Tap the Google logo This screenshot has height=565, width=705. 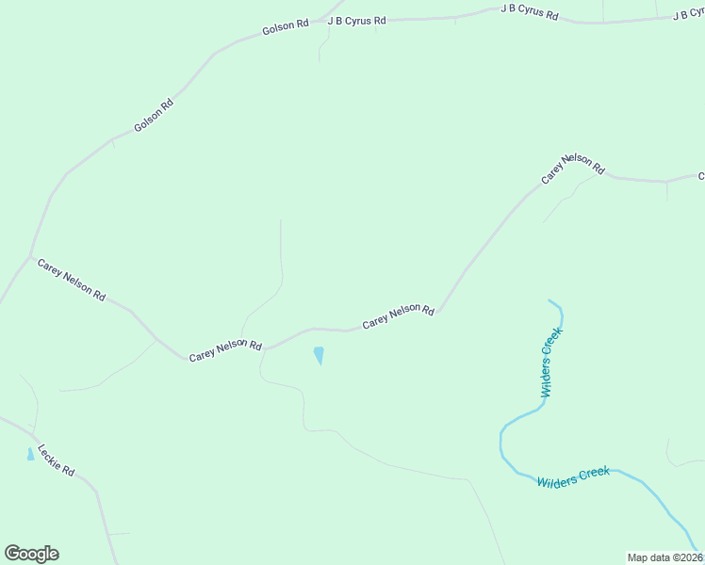pyautogui.click(x=31, y=554)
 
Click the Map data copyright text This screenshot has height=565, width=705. pyautogui.click(x=664, y=557)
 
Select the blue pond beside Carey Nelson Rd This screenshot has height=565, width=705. pyautogui.click(x=319, y=356)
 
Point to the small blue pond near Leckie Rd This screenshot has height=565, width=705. pyautogui.click(x=30, y=454)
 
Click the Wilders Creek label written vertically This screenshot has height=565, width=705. pyautogui.click(x=551, y=363)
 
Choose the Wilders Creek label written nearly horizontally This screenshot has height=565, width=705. pyautogui.click(x=573, y=477)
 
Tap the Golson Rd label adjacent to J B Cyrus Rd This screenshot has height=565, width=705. pyautogui.click(x=286, y=27)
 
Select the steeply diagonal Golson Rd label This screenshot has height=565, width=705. pyautogui.click(x=154, y=115)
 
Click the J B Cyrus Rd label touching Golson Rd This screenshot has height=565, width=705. pyautogui.click(x=356, y=20)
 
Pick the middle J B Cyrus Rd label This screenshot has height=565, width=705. pyautogui.click(x=529, y=13)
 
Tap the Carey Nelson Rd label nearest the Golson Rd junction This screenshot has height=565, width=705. pyautogui.click(x=71, y=279)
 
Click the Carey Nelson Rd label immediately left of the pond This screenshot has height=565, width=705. pyautogui.click(x=224, y=350)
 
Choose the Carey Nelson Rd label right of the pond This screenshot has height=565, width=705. pyautogui.click(x=398, y=316)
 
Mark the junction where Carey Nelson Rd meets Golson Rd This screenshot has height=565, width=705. pyautogui.click(x=31, y=256)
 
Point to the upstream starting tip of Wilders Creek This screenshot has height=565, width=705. pyautogui.click(x=549, y=301)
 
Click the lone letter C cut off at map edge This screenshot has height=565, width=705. pyautogui.click(x=700, y=176)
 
